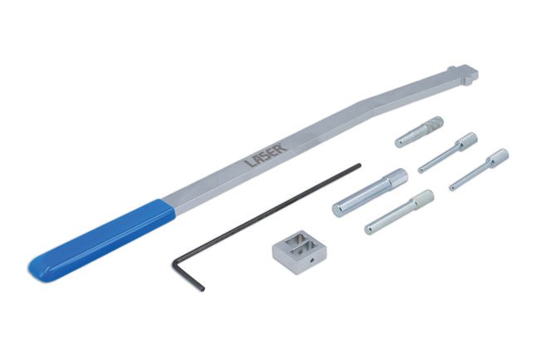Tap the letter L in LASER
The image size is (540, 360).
pos(250,161)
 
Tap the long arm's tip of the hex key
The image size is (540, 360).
pos(360,165)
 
